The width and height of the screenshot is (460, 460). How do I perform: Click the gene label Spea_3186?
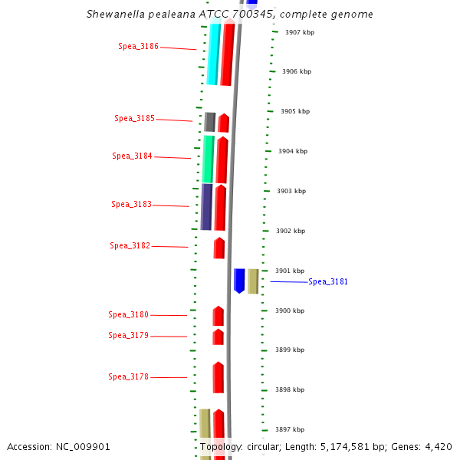point(138,46)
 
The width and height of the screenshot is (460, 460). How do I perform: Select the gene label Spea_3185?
point(134,118)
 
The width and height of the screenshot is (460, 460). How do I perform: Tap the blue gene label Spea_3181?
point(328,281)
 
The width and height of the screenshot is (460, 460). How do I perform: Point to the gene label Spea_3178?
point(128,376)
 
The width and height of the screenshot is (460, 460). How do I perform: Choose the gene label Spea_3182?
point(130,245)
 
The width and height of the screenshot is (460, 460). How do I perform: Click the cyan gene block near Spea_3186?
point(213,54)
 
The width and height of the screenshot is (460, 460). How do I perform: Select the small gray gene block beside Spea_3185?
point(209,121)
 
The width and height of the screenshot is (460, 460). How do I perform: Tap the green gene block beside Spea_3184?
point(208,159)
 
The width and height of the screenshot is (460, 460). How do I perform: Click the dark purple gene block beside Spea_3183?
point(206,206)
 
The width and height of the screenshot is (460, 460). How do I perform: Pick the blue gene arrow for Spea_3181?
point(239,280)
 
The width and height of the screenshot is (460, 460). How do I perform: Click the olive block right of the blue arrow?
point(253,281)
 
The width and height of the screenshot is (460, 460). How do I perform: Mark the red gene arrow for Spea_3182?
point(219,248)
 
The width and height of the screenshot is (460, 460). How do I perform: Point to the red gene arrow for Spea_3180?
point(219,315)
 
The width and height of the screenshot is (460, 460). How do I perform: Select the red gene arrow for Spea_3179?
point(219,337)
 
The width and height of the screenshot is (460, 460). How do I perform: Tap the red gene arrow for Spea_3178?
point(219,377)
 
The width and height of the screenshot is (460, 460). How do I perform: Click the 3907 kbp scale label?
point(299,32)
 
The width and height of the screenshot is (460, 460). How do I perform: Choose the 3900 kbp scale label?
point(290,310)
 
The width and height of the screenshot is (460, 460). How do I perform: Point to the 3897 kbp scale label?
point(289,429)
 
